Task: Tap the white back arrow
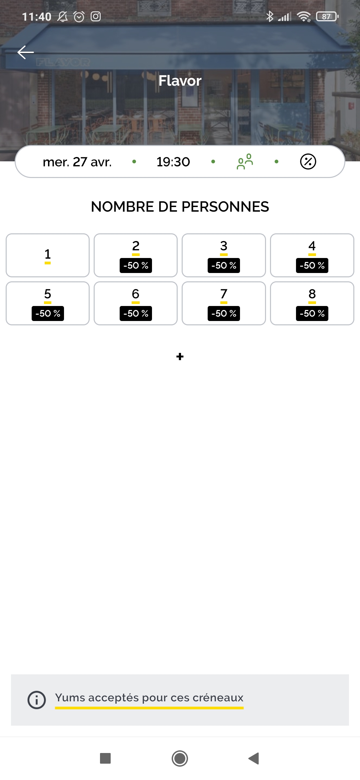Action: click(26, 52)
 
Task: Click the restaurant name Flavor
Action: click(180, 81)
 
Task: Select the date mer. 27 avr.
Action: click(77, 162)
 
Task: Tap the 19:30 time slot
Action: click(173, 162)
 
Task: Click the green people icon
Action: click(245, 162)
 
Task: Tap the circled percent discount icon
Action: click(308, 162)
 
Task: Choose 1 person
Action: click(48, 255)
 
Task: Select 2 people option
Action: click(136, 255)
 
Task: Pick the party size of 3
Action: click(224, 255)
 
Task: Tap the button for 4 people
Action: click(312, 255)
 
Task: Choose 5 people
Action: click(48, 303)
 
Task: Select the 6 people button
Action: click(136, 303)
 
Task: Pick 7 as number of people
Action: click(224, 303)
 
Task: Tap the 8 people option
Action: click(312, 303)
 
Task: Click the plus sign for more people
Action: click(180, 357)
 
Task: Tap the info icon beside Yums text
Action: click(37, 700)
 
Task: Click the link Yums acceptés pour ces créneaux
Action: click(149, 698)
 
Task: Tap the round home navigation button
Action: click(180, 758)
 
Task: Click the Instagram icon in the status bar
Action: click(96, 16)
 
